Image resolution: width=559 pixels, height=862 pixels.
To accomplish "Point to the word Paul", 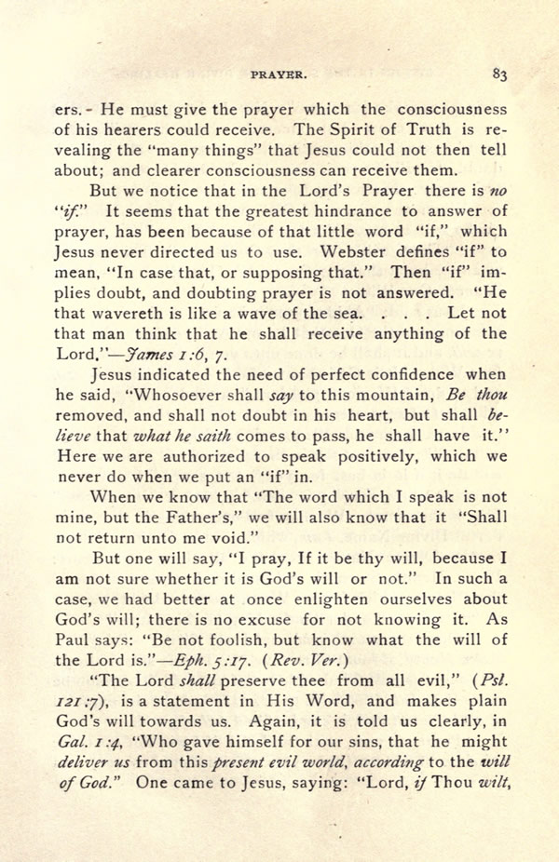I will tap(75, 640).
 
